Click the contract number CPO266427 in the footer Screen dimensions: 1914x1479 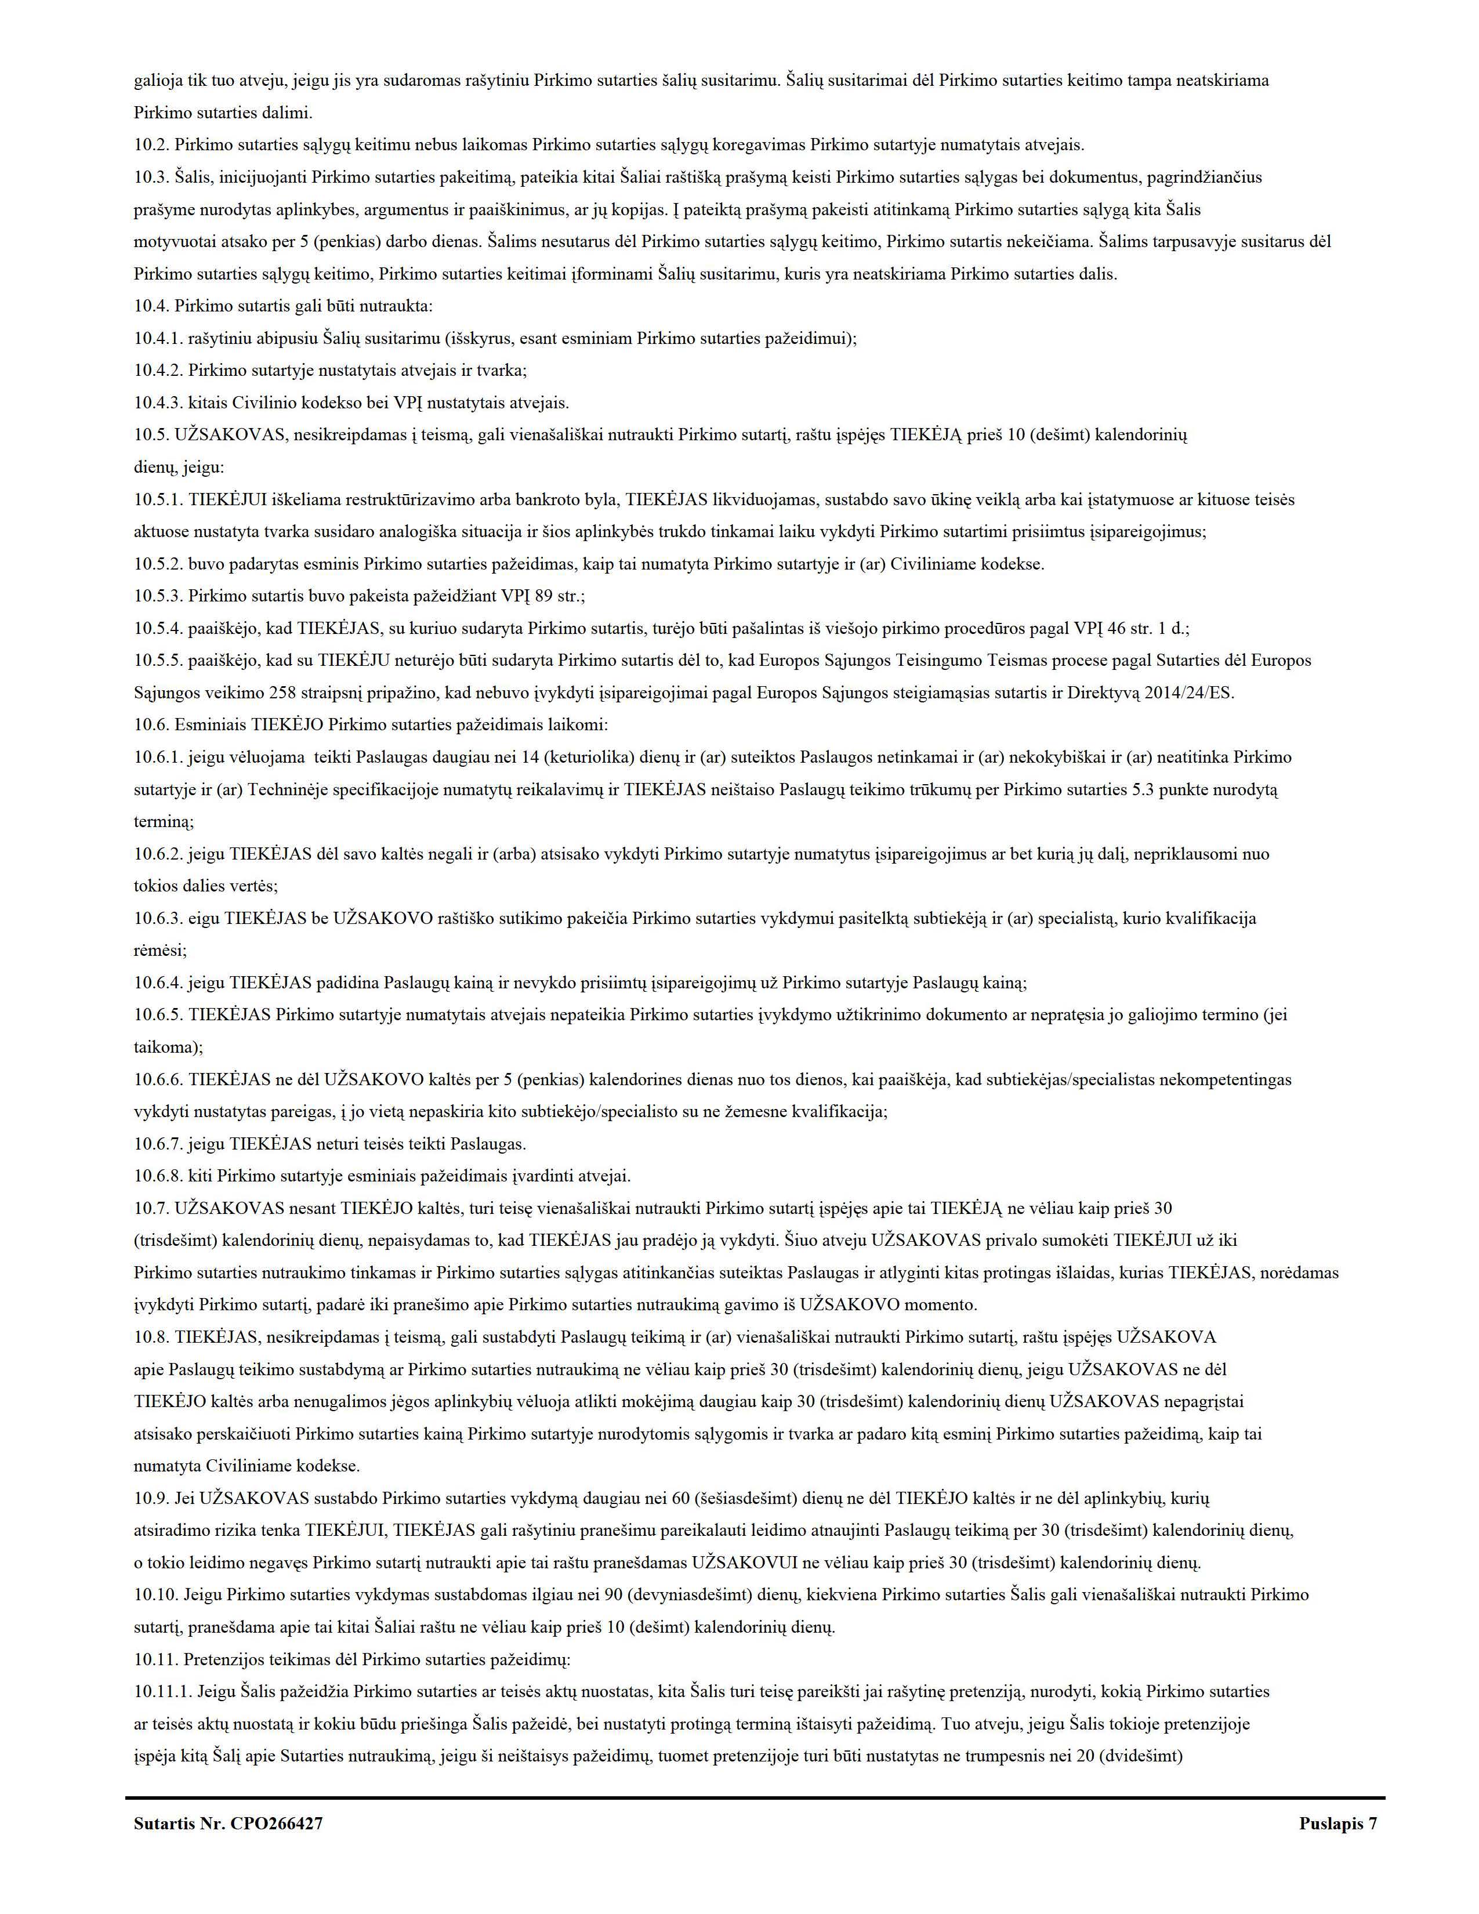pyautogui.click(x=276, y=1824)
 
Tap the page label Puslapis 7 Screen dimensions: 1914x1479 pyautogui.click(x=1338, y=1824)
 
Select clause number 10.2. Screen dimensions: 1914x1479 pyautogui.click(x=151, y=144)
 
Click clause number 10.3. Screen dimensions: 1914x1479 pyautogui.click(x=151, y=177)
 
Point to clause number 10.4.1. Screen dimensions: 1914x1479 pyautogui.click(x=158, y=338)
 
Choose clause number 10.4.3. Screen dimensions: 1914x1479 pyautogui.click(x=158, y=403)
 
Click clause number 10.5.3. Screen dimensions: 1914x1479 pyautogui.click(x=158, y=596)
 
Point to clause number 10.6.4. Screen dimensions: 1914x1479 pyautogui.click(x=158, y=983)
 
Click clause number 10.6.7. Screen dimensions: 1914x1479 pyautogui.click(x=158, y=1144)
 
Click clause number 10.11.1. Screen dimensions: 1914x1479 pyautogui.click(x=163, y=1691)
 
